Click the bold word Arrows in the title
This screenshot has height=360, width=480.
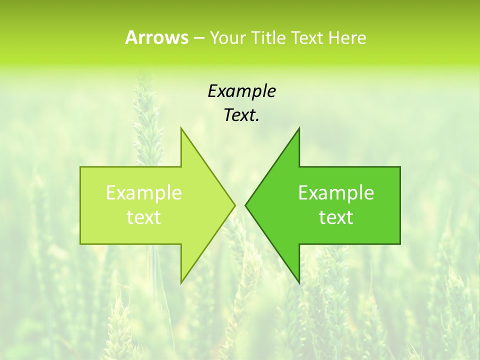156,37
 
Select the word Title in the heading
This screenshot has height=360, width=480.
270,37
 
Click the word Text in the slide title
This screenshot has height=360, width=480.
308,37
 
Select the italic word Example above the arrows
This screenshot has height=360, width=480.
241,91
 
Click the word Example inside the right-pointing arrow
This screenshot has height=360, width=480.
144,193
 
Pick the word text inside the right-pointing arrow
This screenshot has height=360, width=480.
144,217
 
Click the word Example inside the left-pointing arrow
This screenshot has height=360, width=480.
336,193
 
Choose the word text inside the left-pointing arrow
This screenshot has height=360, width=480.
336,217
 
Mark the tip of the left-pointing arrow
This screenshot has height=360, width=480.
245,205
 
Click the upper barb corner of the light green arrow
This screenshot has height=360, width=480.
181,128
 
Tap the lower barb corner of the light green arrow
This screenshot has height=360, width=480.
181,282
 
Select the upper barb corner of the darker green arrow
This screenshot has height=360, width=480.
299,128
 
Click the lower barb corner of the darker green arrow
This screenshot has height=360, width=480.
299,282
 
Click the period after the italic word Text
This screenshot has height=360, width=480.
257,120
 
